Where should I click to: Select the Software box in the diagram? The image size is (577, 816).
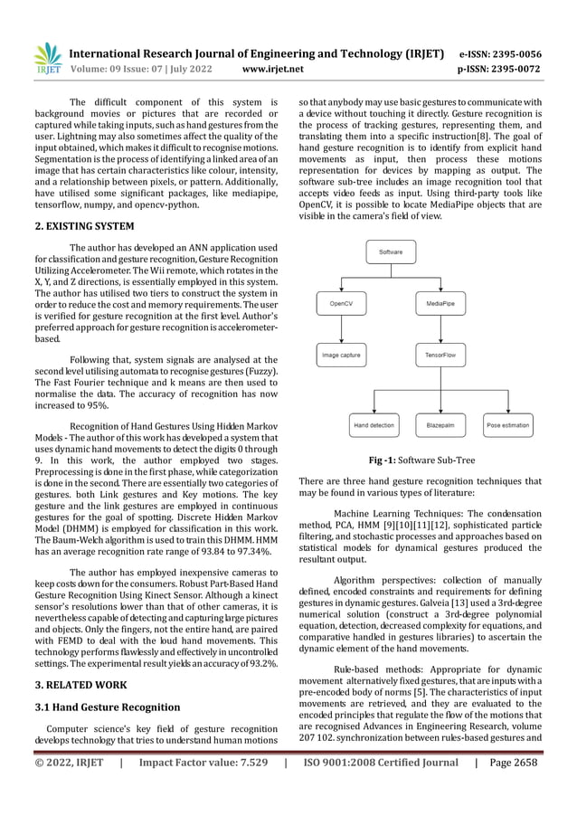point(391,251)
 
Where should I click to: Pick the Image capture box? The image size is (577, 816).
point(342,356)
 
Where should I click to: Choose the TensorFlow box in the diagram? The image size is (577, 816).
point(440,356)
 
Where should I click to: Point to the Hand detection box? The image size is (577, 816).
point(373,423)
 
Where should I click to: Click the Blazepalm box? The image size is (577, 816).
point(440,423)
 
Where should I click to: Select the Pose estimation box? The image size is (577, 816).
point(507,423)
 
